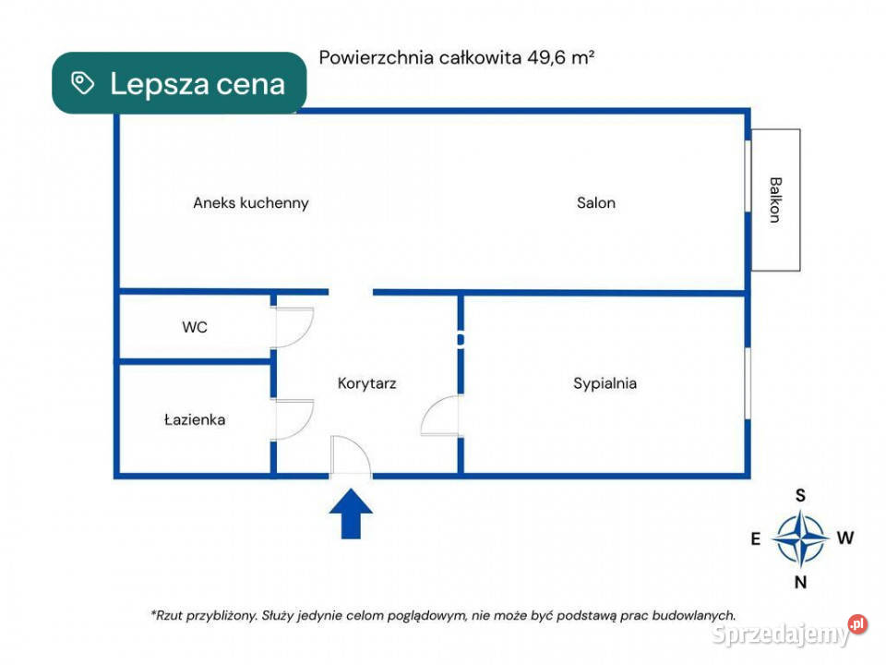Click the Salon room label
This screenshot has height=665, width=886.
pyautogui.click(x=596, y=202)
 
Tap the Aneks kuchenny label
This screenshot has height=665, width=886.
pyautogui.click(x=251, y=203)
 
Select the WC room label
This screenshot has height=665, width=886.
pyautogui.click(x=195, y=327)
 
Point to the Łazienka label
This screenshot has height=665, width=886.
pyautogui.click(x=195, y=419)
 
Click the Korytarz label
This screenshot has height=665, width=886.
pyautogui.click(x=366, y=383)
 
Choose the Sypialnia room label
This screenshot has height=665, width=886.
pyautogui.click(x=605, y=383)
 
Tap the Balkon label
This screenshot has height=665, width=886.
pyautogui.click(x=775, y=199)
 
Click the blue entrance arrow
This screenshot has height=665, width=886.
pyautogui.click(x=351, y=514)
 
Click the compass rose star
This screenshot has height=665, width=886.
pyautogui.click(x=800, y=538)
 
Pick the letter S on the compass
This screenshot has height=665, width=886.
pyautogui.click(x=800, y=495)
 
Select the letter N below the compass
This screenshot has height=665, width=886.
pyautogui.click(x=800, y=582)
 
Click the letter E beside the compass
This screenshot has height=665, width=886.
pyautogui.click(x=756, y=538)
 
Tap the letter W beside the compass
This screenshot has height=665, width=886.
pyautogui.click(x=845, y=538)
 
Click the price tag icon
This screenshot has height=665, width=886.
pyautogui.click(x=82, y=83)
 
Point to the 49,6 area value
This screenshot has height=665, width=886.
pyautogui.click(x=545, y=57)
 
